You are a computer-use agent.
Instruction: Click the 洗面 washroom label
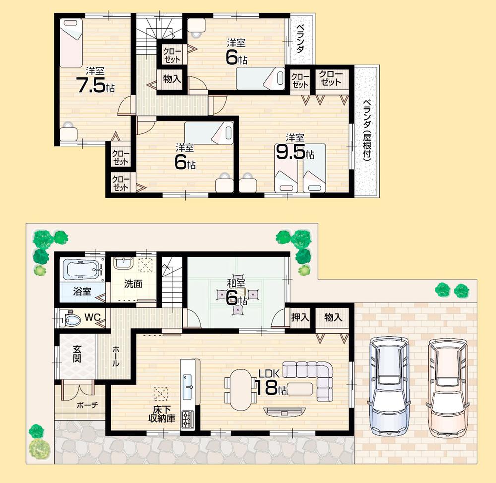tap(133, 284)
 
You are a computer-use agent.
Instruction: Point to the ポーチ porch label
tap(87, 405)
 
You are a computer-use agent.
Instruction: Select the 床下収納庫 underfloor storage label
tap(163, 414)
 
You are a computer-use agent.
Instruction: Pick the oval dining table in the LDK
tap(241, 389)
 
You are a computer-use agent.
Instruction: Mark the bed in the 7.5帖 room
tap(71, 42)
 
